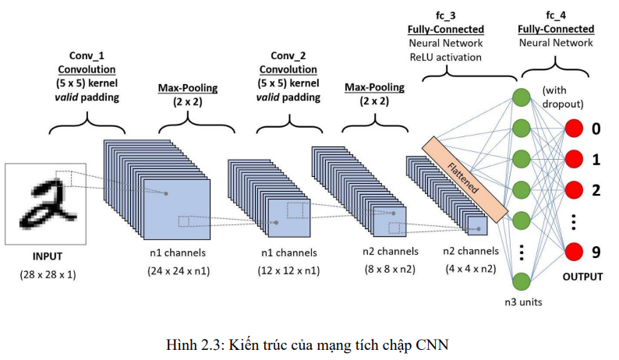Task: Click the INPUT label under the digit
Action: pos(48,256)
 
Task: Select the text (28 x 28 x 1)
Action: pos(48,274)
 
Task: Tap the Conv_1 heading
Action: pos(87,57)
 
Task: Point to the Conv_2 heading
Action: pos(288,56)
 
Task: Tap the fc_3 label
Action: pos(445,16)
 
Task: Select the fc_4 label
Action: pos(555,16)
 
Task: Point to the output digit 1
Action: pos(596,159)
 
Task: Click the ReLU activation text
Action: pos(445,57)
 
